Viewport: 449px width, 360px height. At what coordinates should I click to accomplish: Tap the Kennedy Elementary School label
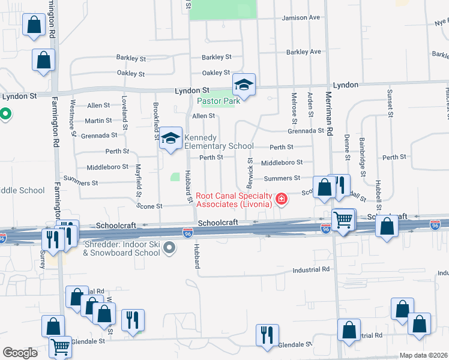pos(218,142)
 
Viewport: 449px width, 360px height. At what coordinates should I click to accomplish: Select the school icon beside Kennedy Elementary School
pos(171,139)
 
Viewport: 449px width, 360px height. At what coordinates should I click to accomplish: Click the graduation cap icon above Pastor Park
pos(244,85)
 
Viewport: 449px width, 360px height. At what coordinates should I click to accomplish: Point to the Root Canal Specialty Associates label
pos(234,200)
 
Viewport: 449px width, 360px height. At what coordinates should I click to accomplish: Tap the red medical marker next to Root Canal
pos(280,198)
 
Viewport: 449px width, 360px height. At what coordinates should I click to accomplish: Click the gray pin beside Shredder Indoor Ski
pos(170,247)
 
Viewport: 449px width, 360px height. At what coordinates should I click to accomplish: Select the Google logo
pos(20,353)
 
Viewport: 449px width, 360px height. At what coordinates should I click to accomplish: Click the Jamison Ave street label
pos(301,18)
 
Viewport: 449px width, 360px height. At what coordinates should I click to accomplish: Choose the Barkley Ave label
pos(303,52)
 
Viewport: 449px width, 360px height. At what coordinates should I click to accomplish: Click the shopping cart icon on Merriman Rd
pos(343,220)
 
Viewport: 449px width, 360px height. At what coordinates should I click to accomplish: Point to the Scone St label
pos(149,206)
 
